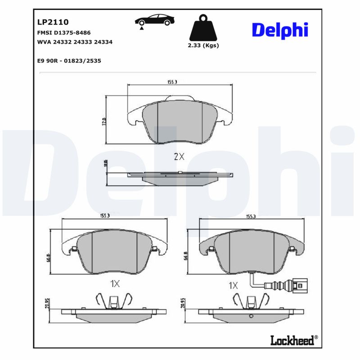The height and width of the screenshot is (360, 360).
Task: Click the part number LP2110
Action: pyautogui.click(x=53, y=22)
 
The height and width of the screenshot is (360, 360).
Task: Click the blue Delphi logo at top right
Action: pyautogui.click(x=280, y=30)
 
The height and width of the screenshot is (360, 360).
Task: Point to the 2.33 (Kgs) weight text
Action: pyautogui.click(x=203, y=45)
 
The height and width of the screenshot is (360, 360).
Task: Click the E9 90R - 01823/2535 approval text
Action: pyautogui.click(x=69, y=60)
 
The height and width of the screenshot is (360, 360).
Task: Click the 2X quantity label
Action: pyautogui.click(x=179, y=157)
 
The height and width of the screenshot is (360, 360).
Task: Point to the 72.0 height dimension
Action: pyautogui.click(x=104, y=121)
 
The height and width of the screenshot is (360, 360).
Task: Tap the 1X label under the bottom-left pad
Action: pyautogui.click(x=115, y=283)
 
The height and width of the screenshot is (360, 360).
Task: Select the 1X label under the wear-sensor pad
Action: pyautogui.click(x=234, y=285)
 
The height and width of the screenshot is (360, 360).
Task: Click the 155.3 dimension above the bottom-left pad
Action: pyautogui.click(x=105, y=216)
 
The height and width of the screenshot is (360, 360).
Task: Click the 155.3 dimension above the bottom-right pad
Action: pyautogui.click(x=250, y=216)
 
